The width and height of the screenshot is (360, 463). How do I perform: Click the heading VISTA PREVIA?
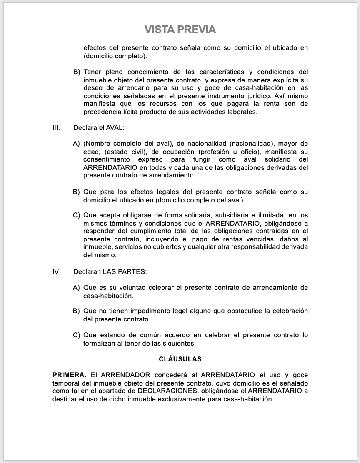point(180,29)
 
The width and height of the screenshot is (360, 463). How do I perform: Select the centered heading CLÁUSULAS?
point(180,358)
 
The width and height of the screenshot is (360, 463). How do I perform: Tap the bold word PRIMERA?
point(69,375)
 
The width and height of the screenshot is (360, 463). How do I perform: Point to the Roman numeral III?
point(56,127)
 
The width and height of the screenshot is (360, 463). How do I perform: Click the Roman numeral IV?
point(57,272)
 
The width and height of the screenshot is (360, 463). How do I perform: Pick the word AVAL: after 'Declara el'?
point(116,127)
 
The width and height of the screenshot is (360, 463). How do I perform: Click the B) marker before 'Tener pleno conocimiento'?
point(76,72)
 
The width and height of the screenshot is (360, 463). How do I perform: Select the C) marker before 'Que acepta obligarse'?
point(76,215)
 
